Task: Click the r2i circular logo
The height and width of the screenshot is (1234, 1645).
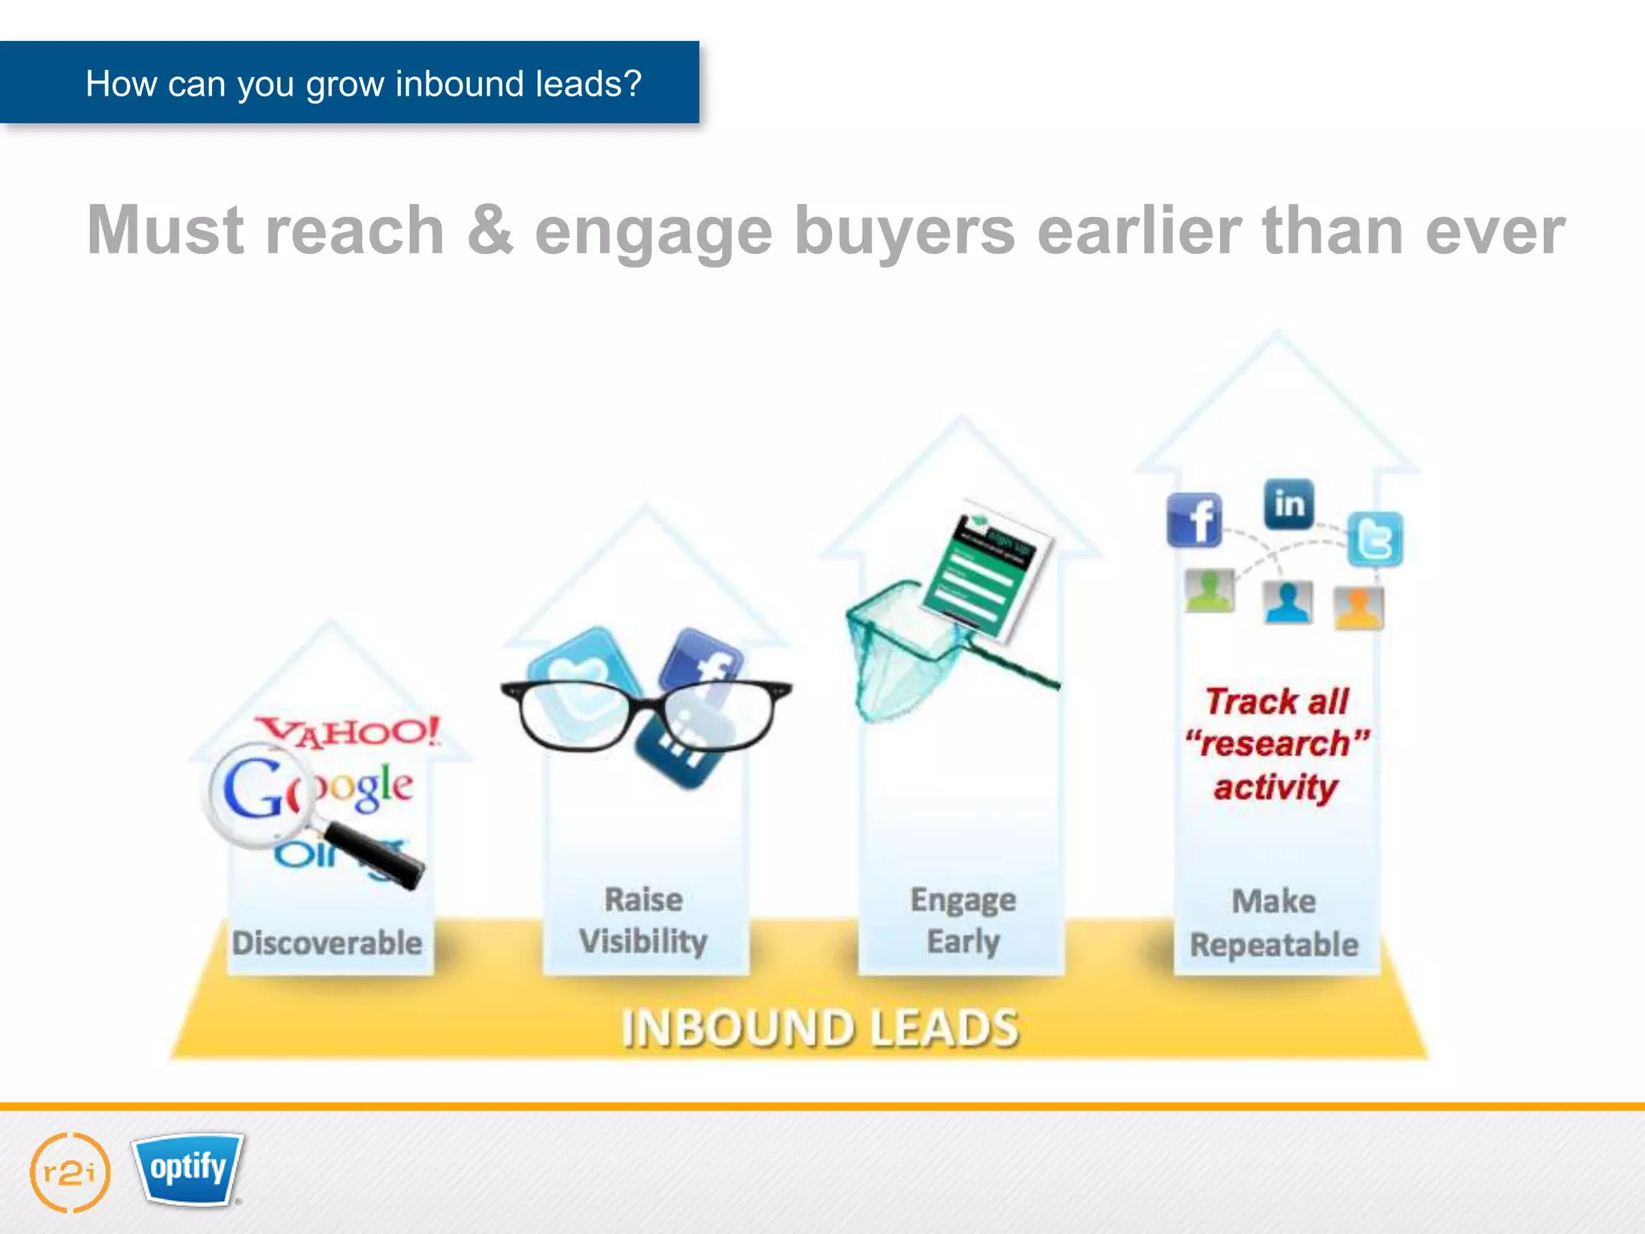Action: [70, 1173]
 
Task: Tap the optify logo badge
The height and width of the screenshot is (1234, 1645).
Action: [189, 1168]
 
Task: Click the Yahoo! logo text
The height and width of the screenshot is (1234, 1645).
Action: [349, 732]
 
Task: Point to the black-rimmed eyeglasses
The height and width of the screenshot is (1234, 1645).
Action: [647, 713]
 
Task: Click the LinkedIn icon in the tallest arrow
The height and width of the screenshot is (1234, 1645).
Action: [1288, 505]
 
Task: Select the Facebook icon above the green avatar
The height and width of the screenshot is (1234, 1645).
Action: [1194, 521]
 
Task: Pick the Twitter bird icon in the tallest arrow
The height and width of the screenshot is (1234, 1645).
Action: [1374, 539]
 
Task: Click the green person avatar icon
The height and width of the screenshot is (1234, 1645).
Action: [1209, 591]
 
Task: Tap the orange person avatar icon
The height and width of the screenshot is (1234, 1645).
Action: [1358, 608]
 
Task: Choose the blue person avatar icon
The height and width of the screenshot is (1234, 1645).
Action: [1287, 603]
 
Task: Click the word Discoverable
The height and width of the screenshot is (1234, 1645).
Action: [327, 943]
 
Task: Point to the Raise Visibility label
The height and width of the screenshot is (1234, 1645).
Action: [643, 921]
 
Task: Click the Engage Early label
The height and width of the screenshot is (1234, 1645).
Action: [963, 921]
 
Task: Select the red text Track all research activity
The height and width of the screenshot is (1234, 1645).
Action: [1276, 744]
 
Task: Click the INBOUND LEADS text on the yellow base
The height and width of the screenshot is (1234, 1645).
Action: [820, 1028]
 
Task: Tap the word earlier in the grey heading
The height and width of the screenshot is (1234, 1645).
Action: [1139, 231]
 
